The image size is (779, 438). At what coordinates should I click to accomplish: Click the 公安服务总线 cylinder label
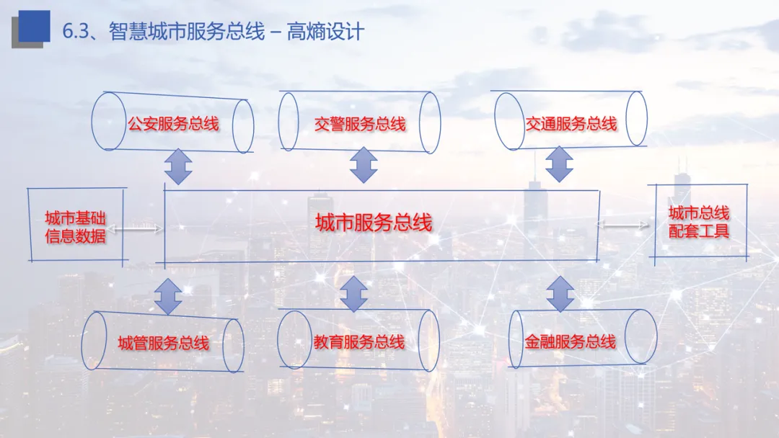(x=173, y=124)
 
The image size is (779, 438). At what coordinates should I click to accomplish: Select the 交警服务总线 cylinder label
(x=360, y=124)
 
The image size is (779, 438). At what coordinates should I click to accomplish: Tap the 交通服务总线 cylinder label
(x=571, y=124)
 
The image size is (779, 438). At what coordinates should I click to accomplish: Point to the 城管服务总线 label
(x=164, y=343)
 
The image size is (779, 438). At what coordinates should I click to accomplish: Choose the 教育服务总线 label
(x=359, y=342)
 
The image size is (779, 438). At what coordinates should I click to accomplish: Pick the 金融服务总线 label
(x=570, y=341)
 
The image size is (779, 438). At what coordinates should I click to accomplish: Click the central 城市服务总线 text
(x=374, y=223)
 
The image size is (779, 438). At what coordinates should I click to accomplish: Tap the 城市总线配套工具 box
(x=698, y=222)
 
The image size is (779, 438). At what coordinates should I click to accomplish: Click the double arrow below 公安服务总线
(x=177, y=167)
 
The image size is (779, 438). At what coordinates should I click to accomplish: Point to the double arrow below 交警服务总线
(x=363, y=165)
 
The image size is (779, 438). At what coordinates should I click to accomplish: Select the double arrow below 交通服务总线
(x=558, y=164)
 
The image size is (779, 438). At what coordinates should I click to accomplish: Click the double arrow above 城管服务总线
(x=168, y=295)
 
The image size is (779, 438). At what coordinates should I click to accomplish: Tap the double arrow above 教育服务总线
(x=353, y=293)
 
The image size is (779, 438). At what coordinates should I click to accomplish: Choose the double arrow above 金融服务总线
(x=560, y=294)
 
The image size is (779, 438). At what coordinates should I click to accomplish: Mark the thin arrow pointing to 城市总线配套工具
(x=623, y=225)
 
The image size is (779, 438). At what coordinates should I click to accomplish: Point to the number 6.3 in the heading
(x=76, y=32)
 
